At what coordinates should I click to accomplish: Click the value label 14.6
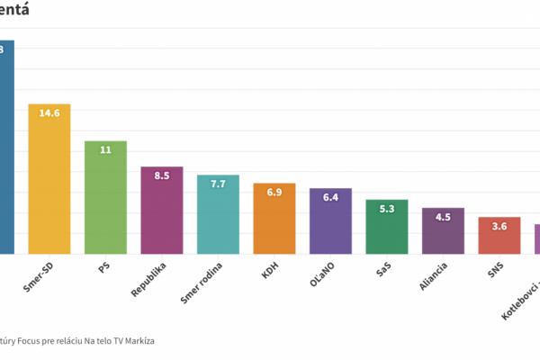[49, 113]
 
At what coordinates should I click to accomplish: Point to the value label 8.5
[162, 175]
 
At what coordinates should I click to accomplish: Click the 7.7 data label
[218, 184]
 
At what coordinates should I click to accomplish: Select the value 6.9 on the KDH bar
[274, 193]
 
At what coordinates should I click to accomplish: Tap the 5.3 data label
[387, 209]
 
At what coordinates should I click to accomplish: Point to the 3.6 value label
[499, 226]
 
